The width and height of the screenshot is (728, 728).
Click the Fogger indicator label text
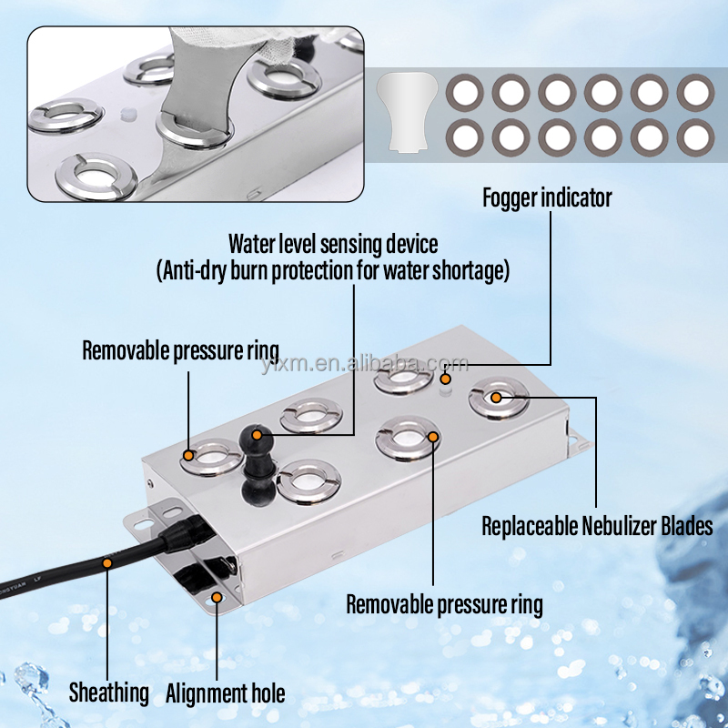click(x=547, y=197)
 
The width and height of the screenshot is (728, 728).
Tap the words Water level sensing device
click(x=333, y=245)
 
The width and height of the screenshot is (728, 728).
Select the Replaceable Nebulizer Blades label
click(x=597, y=526)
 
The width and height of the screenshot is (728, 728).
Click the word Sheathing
click(x=109, y=693)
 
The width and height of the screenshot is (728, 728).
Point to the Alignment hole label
click(x=225, y=693)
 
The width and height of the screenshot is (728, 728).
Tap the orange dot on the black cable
click(x=107, y=563)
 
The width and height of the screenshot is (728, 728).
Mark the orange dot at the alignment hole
click(x=217, y=597)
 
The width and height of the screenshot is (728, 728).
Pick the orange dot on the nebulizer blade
click(x=496, y=397)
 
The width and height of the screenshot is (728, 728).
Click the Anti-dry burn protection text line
click(x=333, y=269)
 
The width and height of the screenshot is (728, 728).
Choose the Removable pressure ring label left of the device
click(x=180, y=350)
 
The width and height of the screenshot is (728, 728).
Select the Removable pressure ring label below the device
click(x=444, y=603)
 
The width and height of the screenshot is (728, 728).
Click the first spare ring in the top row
click(x=464, y=92)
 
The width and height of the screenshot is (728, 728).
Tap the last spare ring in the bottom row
click(x=695, y=137)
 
